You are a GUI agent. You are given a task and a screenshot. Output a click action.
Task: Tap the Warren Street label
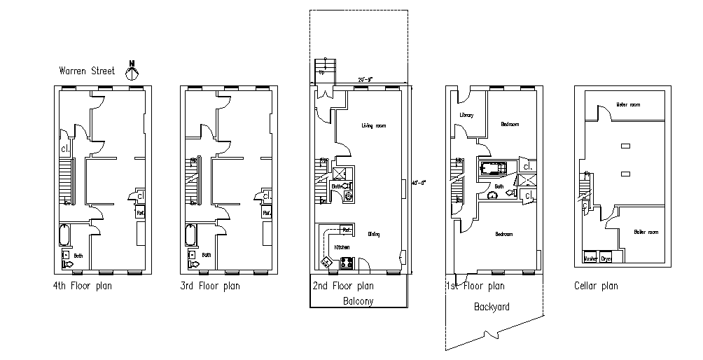click(x=87, y=71)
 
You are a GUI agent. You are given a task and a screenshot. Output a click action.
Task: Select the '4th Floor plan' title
click(x=82, y=286)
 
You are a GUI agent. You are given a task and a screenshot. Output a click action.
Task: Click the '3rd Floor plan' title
click(x=210, y=286)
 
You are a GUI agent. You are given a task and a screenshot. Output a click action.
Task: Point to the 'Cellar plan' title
click(x=596, y=286)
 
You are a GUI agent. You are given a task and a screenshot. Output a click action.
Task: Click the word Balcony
click(x=359, y=301)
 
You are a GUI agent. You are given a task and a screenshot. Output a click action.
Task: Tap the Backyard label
click(x=492, y=307)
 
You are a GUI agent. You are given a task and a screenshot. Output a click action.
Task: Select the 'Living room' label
click(x=374, y=126)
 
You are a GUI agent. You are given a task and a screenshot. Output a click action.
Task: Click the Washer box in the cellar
click(x=591, y=258)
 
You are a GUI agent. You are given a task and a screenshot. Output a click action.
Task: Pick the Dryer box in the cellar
click(x=606, y=258)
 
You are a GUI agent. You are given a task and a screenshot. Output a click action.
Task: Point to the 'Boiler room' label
click(x=646, y=232)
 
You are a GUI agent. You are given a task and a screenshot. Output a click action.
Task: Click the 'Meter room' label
click(x=628, y=105)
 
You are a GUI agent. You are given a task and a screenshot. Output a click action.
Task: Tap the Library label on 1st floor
click(x=467, y=116)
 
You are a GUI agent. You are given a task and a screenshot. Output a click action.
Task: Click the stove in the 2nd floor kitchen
click(x=345, y=263)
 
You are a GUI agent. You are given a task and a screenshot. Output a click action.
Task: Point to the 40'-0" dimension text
click(x=419, y=182)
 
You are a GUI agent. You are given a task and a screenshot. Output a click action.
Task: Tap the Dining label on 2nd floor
click(x=373, y=234)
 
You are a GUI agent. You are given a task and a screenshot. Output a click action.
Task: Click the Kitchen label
click(x=342, y=247)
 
